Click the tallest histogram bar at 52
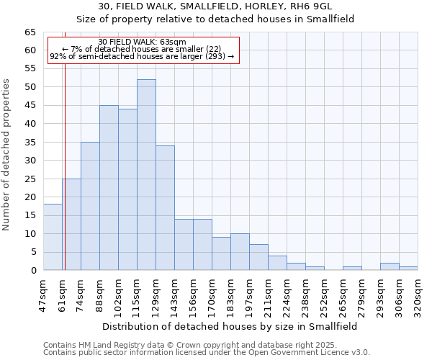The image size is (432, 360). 146,175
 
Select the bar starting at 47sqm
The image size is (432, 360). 53,237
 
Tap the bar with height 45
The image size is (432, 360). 109,188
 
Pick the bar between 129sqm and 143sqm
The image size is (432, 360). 165,208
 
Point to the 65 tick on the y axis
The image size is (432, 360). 30,32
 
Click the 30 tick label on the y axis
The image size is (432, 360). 30,160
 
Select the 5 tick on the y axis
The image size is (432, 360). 33,252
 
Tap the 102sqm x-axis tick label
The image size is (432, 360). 118,294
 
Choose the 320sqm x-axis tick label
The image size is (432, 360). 418,294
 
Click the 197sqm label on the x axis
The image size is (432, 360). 250,294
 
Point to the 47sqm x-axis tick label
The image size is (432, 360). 43,294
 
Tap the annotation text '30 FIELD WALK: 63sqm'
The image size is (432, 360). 142,42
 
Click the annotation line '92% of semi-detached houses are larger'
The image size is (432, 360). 142,56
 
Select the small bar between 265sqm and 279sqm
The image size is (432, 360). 352,269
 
